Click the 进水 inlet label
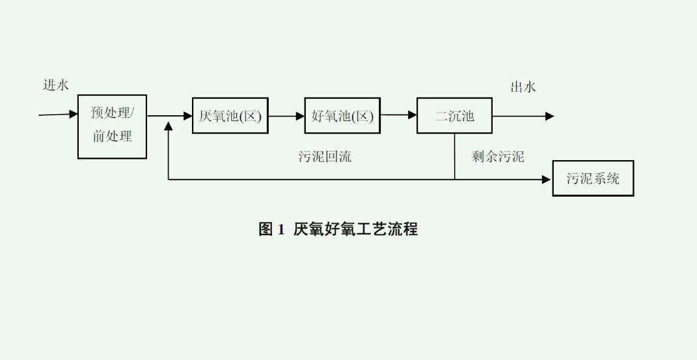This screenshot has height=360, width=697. coord(56,85)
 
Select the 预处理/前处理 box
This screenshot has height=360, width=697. coord(112,126)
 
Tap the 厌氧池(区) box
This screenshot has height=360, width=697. coord(230,116)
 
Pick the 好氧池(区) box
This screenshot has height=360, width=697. coord(342,116)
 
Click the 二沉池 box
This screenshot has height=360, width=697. coord(454,116)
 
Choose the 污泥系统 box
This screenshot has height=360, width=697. coord(593,178)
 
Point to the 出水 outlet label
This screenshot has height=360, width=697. coord(523,87)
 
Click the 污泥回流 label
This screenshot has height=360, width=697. coord(325,156)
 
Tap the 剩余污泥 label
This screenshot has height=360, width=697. coord(498,156)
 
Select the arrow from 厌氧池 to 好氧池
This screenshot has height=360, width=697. coord(287,116)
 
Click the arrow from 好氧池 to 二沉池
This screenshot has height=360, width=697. coord(398,116)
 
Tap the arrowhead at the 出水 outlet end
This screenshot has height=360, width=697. coord(550,116)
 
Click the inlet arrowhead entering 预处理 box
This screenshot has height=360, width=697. coord(73,115)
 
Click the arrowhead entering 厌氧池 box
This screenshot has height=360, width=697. coord(187,116)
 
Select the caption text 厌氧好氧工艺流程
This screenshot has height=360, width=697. coord(355,229)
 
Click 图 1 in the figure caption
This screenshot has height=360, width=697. coord(272,229)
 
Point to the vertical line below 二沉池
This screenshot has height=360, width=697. coord(455,156)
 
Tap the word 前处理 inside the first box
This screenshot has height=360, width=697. coord(112,137)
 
